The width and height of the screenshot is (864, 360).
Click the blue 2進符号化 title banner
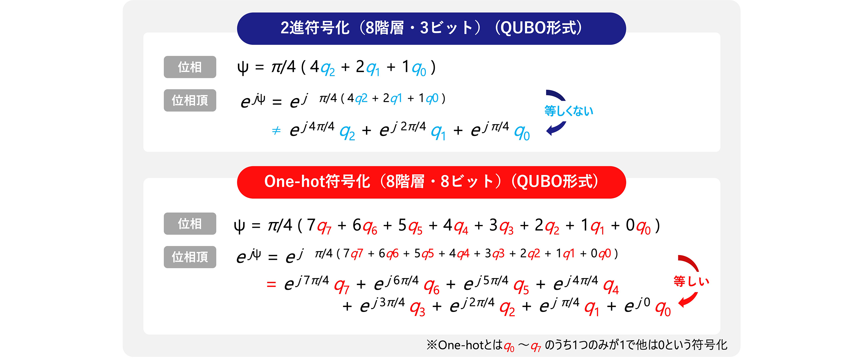tap(431, 28)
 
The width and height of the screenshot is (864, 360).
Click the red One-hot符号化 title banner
tap(431, 182)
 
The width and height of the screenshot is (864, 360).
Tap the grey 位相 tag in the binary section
tap(190, 67)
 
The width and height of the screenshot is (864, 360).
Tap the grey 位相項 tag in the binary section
tap(190, 100)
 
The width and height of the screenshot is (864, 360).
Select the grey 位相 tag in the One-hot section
tap(190, 223)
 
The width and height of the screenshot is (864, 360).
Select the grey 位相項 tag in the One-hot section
tap(190, 257)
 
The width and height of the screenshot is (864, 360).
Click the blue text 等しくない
tap(569, 111)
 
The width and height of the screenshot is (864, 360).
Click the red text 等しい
tap(691, 281)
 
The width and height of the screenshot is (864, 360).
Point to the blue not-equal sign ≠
tap(276, 130)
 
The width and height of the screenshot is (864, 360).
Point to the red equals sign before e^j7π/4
tap(271, 284)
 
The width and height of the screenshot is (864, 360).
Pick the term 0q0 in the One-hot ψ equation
tap(638, 226)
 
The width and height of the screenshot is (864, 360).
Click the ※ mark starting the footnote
tap(432, 345)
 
